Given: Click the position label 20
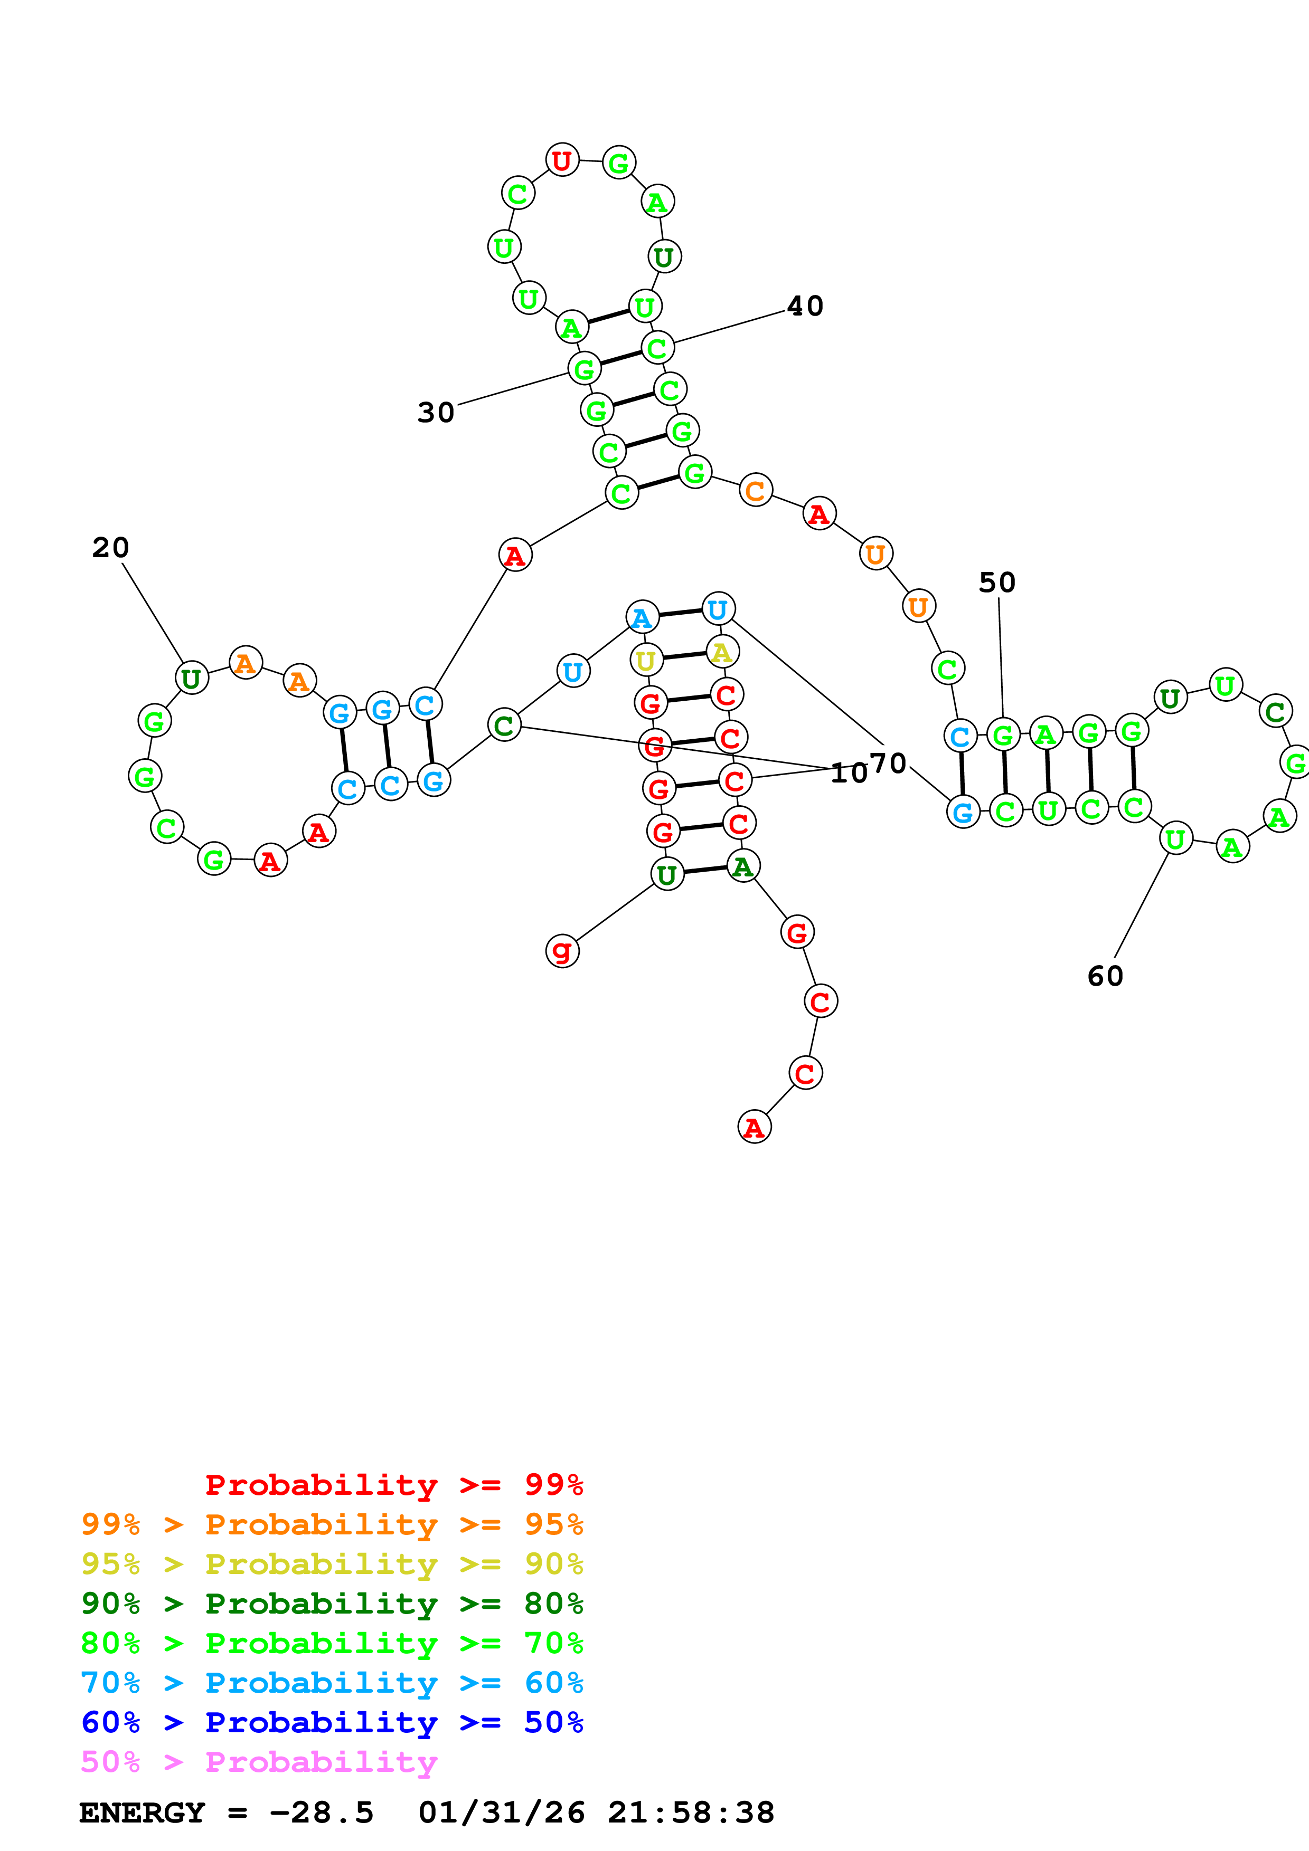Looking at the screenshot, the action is point(110,548).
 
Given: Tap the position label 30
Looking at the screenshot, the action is point(436,413).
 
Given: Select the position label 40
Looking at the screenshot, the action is point(805,307).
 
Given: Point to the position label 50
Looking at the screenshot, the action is point(997,583).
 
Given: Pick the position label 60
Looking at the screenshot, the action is point(1105,976).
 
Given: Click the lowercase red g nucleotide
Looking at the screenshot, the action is point(562,951).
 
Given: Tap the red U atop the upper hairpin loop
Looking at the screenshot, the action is point(562,160).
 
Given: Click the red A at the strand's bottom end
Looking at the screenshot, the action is point(754,1127).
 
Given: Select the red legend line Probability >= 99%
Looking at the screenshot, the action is point(393,1485).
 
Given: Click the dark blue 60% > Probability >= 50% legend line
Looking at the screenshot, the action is point(332,1723).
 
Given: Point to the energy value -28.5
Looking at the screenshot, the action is point(321,1813).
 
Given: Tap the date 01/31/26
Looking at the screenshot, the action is point(501,1813).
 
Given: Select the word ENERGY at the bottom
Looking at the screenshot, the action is point(142,1813).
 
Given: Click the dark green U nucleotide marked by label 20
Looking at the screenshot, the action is point(191,678).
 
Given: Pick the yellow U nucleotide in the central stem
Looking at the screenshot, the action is point(646,660).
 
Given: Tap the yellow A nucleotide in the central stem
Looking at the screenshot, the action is point(722,652).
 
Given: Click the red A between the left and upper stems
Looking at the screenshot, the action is point(514,556).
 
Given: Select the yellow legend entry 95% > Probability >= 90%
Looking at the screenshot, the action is point(332,1564).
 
